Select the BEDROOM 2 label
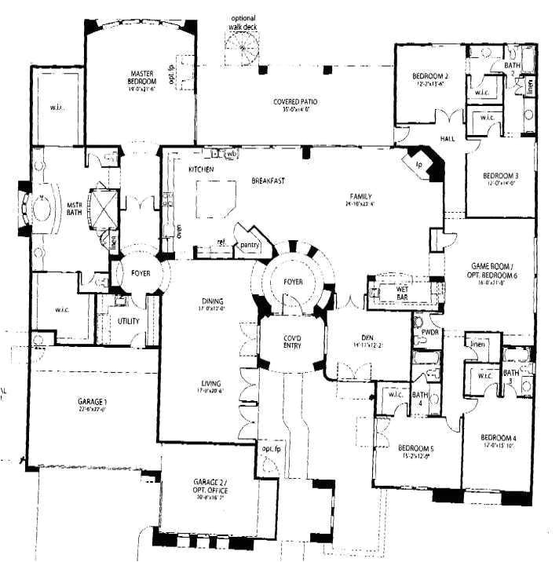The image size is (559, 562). (x=429, y=76)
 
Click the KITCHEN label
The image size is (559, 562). (x=201, y=170)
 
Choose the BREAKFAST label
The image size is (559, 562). (x=268, y=181)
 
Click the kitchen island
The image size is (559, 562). (x=214, y=198)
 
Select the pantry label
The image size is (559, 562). (x=250, y=245)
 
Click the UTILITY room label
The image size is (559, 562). (x=129, y=322)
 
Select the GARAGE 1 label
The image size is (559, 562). (x=92, y=403)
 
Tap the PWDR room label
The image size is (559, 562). (x=429, y=332)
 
